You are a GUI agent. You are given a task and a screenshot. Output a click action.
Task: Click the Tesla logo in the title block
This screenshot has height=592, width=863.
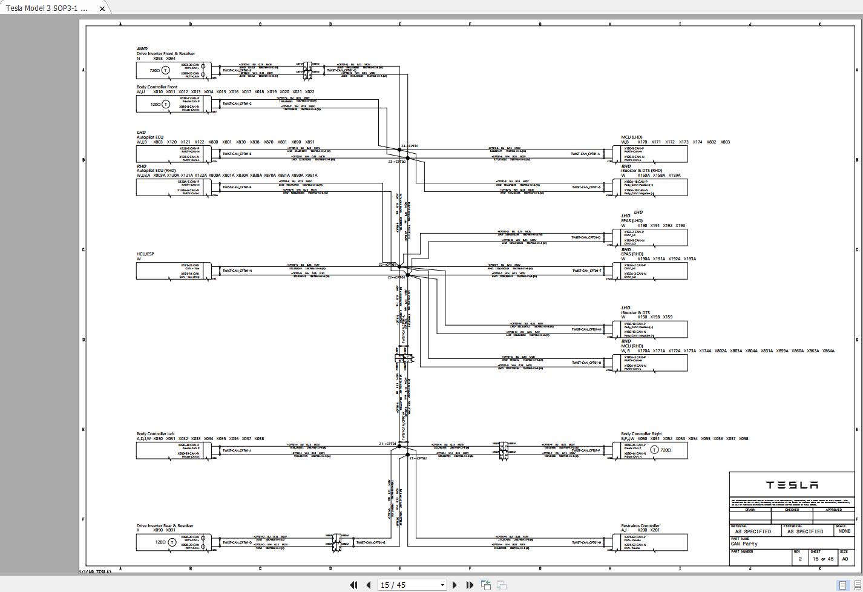tap(792, 485)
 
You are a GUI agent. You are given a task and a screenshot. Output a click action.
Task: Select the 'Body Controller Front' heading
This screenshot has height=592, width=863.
tap(157, 87)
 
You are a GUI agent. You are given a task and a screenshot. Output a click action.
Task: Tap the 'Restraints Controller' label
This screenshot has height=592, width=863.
tap(640, 526)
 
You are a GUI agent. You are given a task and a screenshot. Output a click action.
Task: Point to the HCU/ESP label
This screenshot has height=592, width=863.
tap(145, 254)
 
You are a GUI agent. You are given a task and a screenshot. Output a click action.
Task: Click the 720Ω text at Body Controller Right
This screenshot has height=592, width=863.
tap(665, 450)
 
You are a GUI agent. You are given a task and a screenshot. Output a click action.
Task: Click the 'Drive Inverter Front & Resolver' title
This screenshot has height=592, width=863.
tap(165, 54)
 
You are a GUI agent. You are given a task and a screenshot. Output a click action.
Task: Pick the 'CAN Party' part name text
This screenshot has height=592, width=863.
tap(744, 544)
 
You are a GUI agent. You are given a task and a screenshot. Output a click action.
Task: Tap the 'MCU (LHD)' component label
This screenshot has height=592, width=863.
tap(631, 137)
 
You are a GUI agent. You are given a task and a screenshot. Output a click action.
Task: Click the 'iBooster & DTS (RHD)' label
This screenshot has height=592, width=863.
tap(642, 171)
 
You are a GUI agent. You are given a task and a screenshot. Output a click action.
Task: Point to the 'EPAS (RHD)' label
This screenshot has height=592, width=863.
tap(632, 254)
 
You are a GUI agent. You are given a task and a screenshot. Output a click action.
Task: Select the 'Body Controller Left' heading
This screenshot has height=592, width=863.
tap(156, 434)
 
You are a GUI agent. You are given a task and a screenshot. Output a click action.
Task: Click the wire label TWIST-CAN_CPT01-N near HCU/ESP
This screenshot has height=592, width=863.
tap(237, 271)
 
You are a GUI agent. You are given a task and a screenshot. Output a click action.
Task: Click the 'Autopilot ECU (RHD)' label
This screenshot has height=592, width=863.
tap(156, 171)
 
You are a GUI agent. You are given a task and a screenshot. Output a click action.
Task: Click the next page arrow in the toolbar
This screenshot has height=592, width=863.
tap(454, 585)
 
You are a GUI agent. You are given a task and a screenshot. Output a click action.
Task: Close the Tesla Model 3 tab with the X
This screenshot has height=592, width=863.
tap(102, 8)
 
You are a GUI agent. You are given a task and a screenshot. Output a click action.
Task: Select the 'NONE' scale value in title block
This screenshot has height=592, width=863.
tap(844, 531)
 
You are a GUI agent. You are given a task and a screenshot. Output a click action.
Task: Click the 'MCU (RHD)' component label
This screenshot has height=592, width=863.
tap(632, 346)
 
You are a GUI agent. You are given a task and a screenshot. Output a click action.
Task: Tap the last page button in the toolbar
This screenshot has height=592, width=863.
tap(470, 585)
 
